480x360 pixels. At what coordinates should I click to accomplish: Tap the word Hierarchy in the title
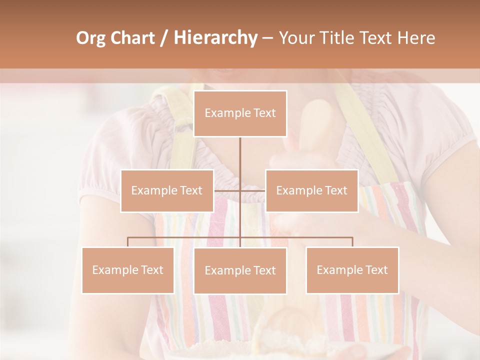click(x=215, y=38)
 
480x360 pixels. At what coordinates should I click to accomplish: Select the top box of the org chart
click(x=240, y=113)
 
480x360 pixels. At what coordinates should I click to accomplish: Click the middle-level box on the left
click(x=167, y=190)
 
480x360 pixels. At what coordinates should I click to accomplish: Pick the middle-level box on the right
click(x=311, y=190)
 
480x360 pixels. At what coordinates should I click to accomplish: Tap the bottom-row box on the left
click(x=128, y=270)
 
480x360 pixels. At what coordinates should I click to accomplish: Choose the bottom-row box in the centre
click(x=240, y=270)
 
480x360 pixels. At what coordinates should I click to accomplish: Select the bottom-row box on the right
click(x=352, y=270)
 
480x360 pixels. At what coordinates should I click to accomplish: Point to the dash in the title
click(x=267, y=38)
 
